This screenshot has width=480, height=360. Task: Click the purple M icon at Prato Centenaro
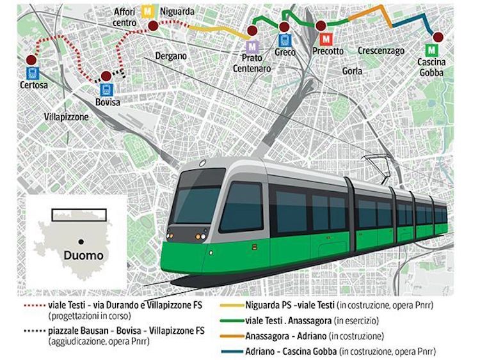(x=254, y=46)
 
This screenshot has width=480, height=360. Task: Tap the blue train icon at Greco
(x=284, y=40)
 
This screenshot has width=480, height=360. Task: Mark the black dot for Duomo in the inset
(x=83, y=241)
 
